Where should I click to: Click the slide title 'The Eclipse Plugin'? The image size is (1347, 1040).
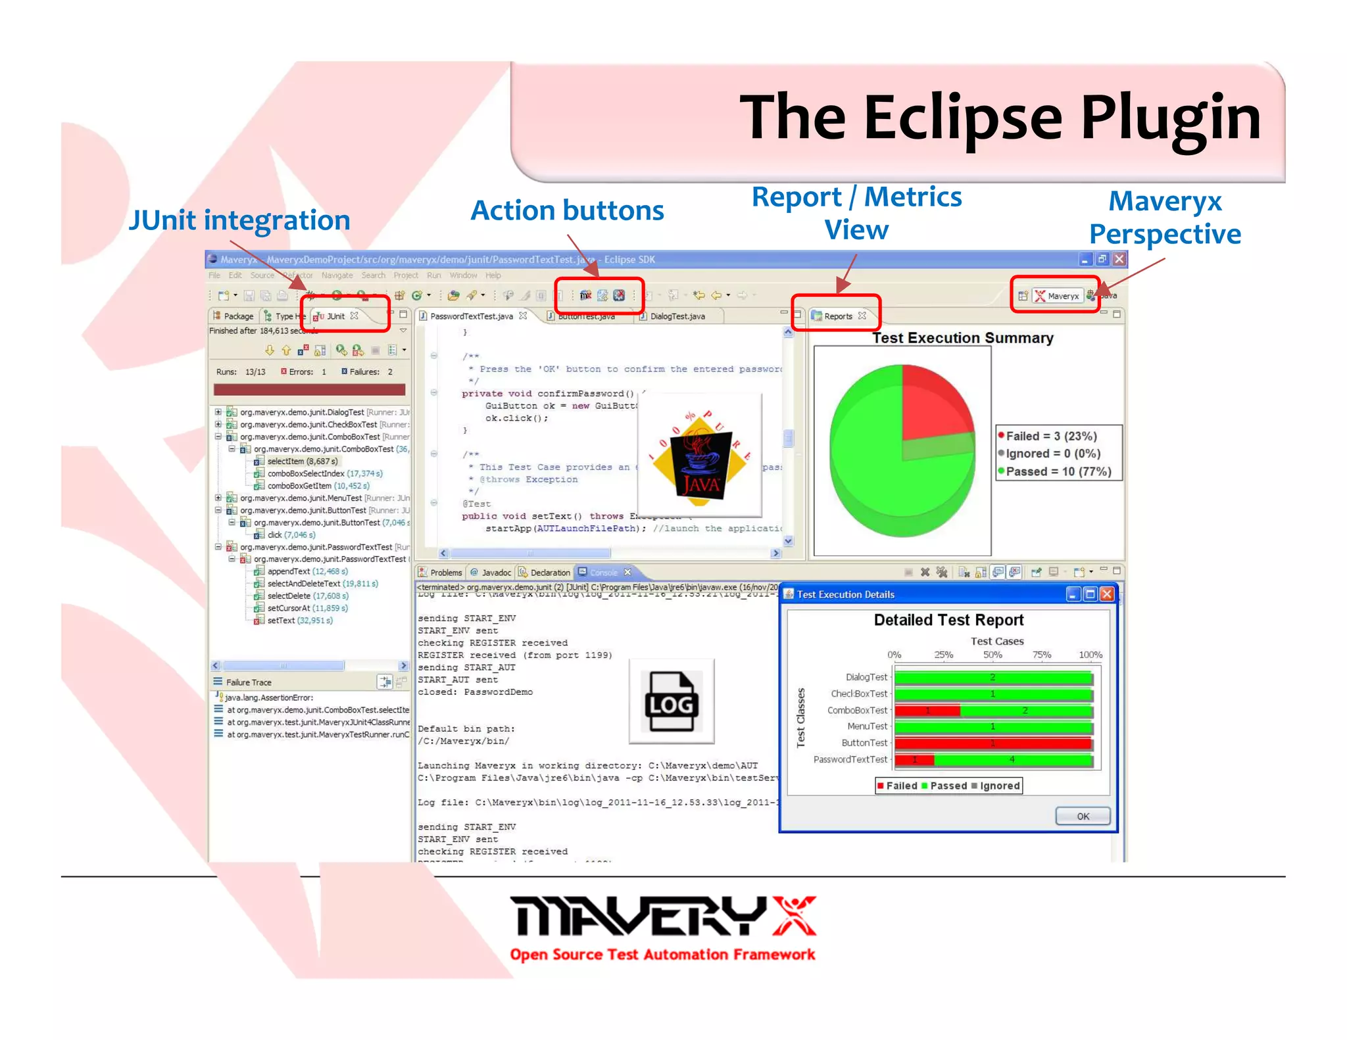(x=1000, y=118)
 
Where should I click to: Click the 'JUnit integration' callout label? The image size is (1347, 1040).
(x=239, y=220)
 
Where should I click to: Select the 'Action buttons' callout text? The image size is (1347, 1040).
(x=567, y=210)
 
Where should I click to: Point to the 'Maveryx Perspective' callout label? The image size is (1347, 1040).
(x=1165, y=218)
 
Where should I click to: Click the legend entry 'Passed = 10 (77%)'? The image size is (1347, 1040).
(x=1058, y=471)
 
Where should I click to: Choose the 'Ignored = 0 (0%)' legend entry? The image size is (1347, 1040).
(x=1052, y=454)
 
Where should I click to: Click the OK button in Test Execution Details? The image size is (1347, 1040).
(x=1083, y=816)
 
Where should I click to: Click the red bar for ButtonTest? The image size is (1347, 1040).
(x=992, y=743)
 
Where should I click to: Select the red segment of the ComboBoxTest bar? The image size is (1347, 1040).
(x=927, y=711)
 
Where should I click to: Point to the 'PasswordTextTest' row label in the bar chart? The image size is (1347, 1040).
(x=850, y=759)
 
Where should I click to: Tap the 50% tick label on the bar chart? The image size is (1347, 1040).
(x=992, y=655)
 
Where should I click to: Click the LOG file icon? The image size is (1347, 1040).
(x=672, y=701)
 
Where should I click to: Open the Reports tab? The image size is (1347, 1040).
(x=838, y=316)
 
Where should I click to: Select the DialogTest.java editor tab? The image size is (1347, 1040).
(x=677, y=316)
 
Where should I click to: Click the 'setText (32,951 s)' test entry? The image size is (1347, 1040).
(x=299, y=621)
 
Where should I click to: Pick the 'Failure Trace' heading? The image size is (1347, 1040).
(x=249, y=682)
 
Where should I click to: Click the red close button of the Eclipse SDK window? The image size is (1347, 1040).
(x=1119, y=259)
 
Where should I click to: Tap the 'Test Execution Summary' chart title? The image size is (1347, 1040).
(x=962, y=338)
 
